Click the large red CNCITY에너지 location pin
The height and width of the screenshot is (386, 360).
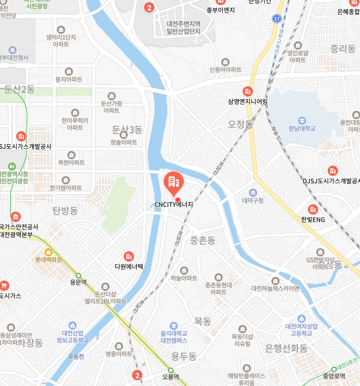[x=173, y=181]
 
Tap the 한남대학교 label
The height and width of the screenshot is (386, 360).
[x=302, y=128]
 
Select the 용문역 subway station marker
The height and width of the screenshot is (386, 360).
[x=78, y=275]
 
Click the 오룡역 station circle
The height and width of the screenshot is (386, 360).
[x=171, y=370]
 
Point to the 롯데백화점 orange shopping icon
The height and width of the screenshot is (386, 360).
[x=49, y=251]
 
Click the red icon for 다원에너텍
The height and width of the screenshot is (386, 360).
[x=128, y=256]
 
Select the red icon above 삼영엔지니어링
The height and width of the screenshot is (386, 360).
[x=248, y=91]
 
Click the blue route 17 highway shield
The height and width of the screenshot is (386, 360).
[x=277, y=19]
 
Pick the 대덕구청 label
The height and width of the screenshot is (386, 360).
[x=253, y=200]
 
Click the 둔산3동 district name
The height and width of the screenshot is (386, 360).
[x=127, y=129]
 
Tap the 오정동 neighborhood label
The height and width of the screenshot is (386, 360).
[x=241, y=124]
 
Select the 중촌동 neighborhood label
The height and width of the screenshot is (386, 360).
[x=202, y=240]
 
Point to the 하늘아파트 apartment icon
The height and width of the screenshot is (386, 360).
[x=184, y=269]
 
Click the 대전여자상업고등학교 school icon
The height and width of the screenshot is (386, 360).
[x=301, y=318]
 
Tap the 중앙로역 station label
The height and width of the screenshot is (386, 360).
[x=334, y=376]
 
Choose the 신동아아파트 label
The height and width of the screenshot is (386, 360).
[x=225, y=69]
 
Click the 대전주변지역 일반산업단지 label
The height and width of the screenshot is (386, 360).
[x=184, y=28]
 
